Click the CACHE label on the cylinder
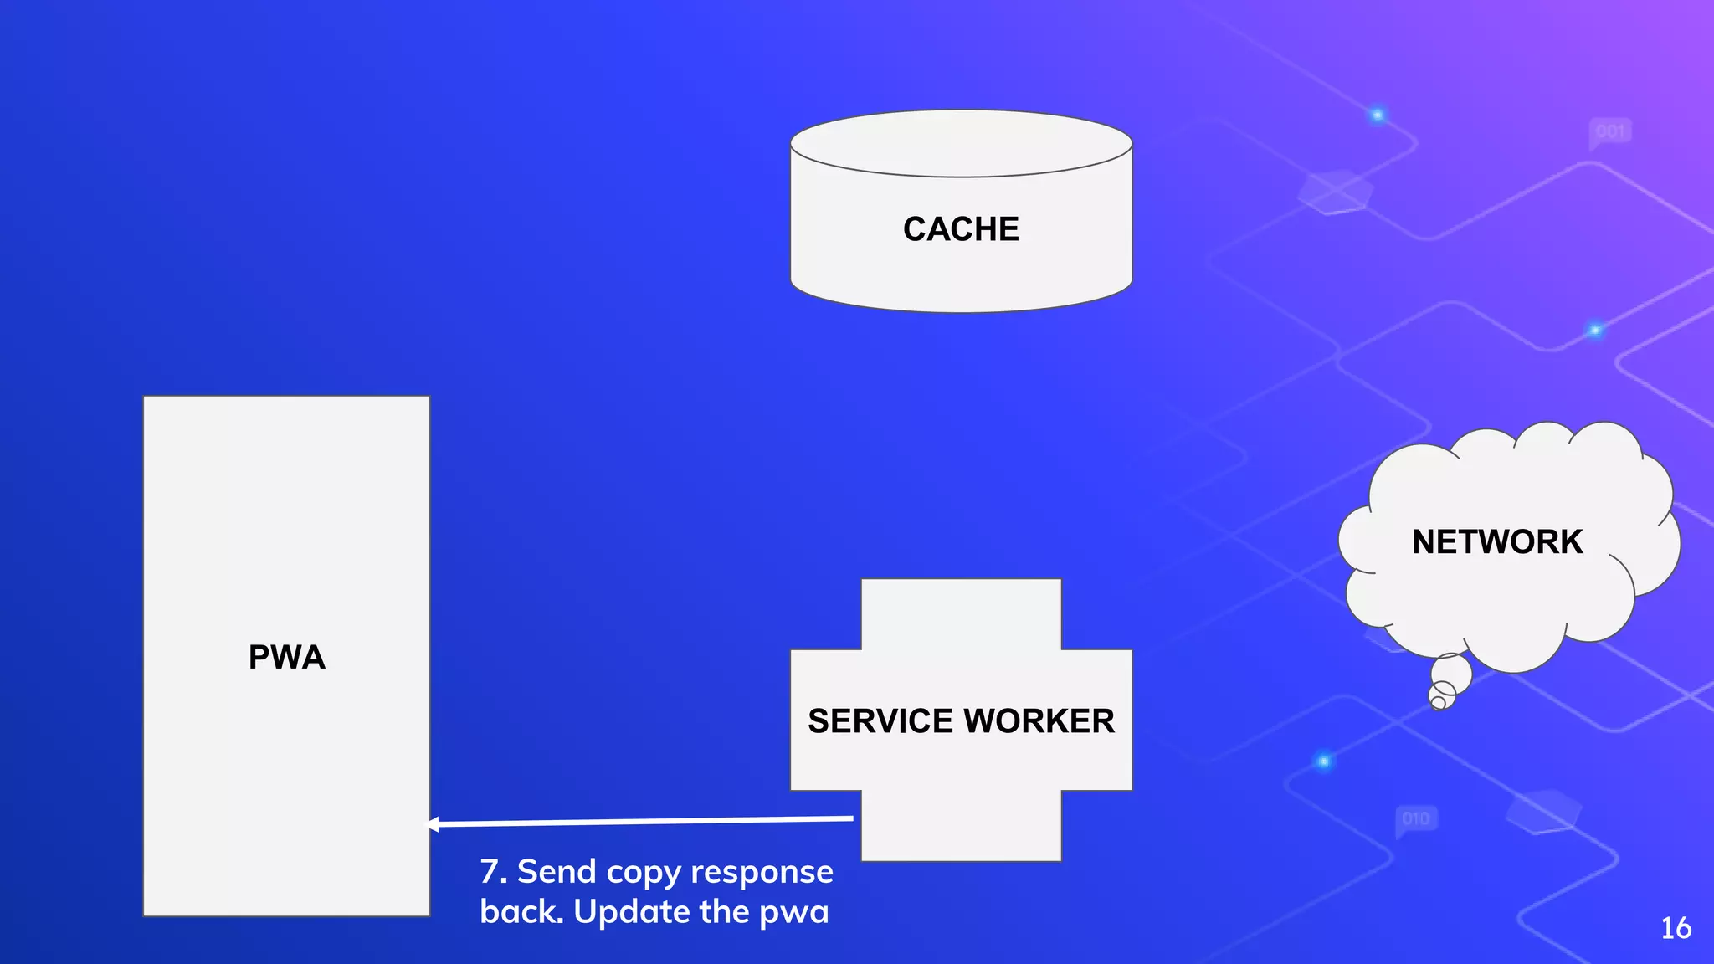point(961,229)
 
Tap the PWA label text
point(286,657)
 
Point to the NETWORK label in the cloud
point(1497,542)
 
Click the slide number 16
point(1676,928)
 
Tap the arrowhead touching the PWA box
point(434,825)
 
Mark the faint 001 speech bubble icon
point(1609,132)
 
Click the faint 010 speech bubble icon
point(1415,818)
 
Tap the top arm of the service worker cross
point(961,613)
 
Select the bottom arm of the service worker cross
point(961,826)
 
